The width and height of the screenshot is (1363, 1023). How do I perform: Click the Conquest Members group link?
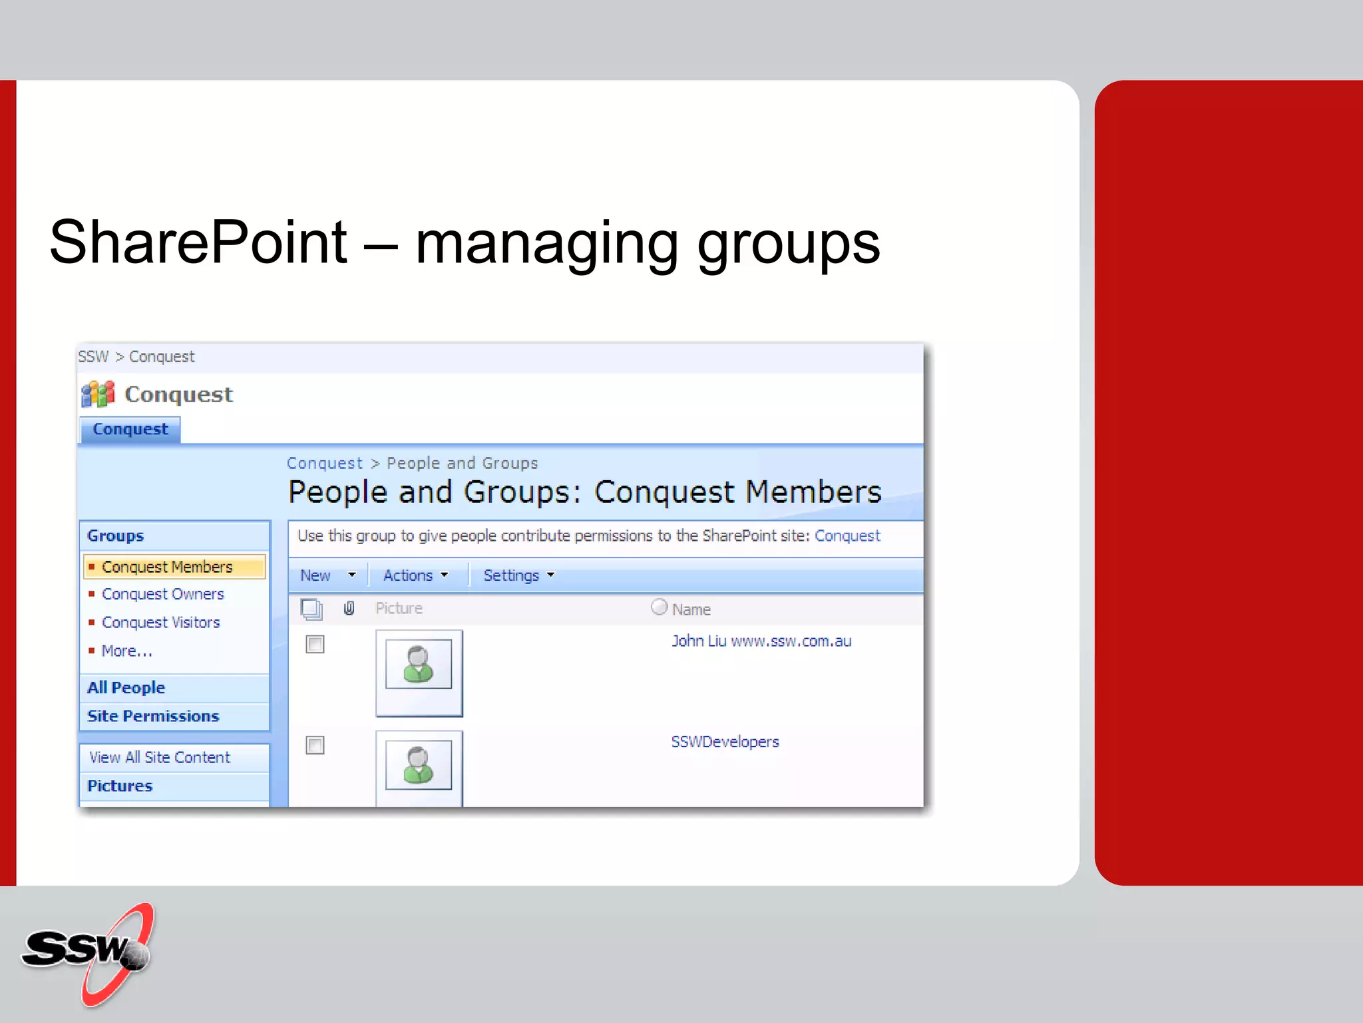pos(167,567)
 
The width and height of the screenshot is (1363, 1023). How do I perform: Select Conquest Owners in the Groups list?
pos(162,594)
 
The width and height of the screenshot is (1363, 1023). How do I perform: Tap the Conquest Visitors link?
pos(160,623)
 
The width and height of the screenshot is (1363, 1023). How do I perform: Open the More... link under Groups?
pos(126,651)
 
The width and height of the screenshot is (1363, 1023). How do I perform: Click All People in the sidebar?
pos(126,688)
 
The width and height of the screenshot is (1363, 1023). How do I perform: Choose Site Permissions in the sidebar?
pos(153,717)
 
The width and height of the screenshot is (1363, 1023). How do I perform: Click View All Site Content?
pos(160,758)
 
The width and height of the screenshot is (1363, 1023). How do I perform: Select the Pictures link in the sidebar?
pos(120,787)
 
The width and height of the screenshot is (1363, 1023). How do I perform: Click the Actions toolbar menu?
pos(415,575)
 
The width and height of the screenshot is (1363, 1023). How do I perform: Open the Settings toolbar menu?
pos(518,575)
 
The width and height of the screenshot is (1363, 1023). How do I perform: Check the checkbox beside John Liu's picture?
pos(315,645)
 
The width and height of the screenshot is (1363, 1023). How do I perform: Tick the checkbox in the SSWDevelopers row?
pos(315,745)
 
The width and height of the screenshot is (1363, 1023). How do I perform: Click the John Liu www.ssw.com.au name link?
pos(761,641)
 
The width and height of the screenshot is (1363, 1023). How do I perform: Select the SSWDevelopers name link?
pos(725,742)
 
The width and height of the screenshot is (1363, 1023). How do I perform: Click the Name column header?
pos(691,609)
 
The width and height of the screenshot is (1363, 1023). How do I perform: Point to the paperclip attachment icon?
pos(349,608)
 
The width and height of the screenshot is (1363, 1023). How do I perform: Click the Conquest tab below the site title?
pos(130,430)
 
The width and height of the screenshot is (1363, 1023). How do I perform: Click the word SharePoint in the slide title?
pos(198,242)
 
